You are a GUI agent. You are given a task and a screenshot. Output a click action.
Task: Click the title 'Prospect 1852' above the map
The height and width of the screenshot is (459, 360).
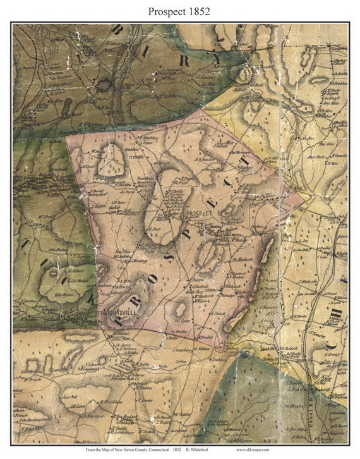pyautogui.click(x=180, y=11)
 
